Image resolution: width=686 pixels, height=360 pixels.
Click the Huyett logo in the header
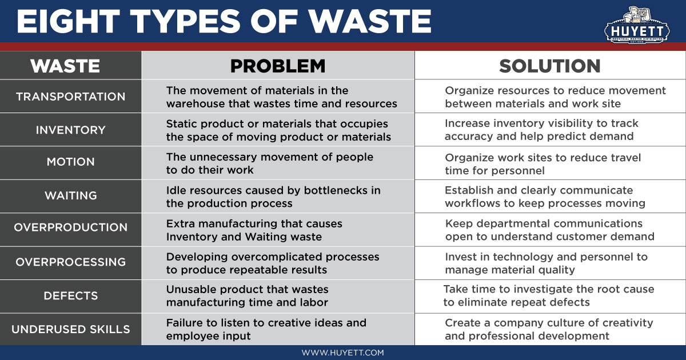click(x=636, y=23)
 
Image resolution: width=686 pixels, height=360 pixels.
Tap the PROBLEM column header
click(x=277, y=66)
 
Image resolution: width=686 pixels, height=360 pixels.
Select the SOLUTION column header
click(x=549, y=66)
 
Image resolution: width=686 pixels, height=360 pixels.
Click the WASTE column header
click(x=65, y=66)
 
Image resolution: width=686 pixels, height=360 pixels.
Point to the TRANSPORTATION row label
click(x=70, y=97)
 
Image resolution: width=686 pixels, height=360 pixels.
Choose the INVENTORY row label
click(x=70, y=130)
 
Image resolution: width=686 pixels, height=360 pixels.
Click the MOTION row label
click(x=70, y=162)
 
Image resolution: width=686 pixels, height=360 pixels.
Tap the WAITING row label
click(x=70, y=195)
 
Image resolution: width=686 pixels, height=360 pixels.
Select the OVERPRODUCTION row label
click(x=70, y=227)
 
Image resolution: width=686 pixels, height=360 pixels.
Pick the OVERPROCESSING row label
click(x=70, y=262)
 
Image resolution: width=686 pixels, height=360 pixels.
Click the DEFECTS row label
click(x=70, y=296)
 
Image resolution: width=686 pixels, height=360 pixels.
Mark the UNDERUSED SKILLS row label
click(x=70, y=329)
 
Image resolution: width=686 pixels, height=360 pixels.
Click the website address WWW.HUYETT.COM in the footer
click(x=343, y=353)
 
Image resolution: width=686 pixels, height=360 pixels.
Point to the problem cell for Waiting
click(x=273, y=197)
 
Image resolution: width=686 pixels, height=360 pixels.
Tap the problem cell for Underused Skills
click(x=266, y=329)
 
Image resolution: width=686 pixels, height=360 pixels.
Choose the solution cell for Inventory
click(x=541, y=130)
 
